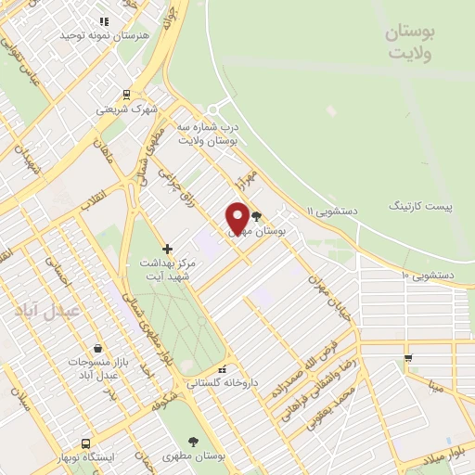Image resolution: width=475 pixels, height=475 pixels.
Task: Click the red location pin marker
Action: pos(237,218)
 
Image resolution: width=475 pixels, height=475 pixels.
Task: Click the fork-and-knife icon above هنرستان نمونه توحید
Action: pos(103,19)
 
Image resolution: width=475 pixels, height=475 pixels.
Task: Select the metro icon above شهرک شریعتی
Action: pos(126,94)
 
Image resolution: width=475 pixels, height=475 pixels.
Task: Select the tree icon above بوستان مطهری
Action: pos(193,443)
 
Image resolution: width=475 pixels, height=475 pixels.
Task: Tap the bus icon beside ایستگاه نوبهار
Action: pos(86,444)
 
